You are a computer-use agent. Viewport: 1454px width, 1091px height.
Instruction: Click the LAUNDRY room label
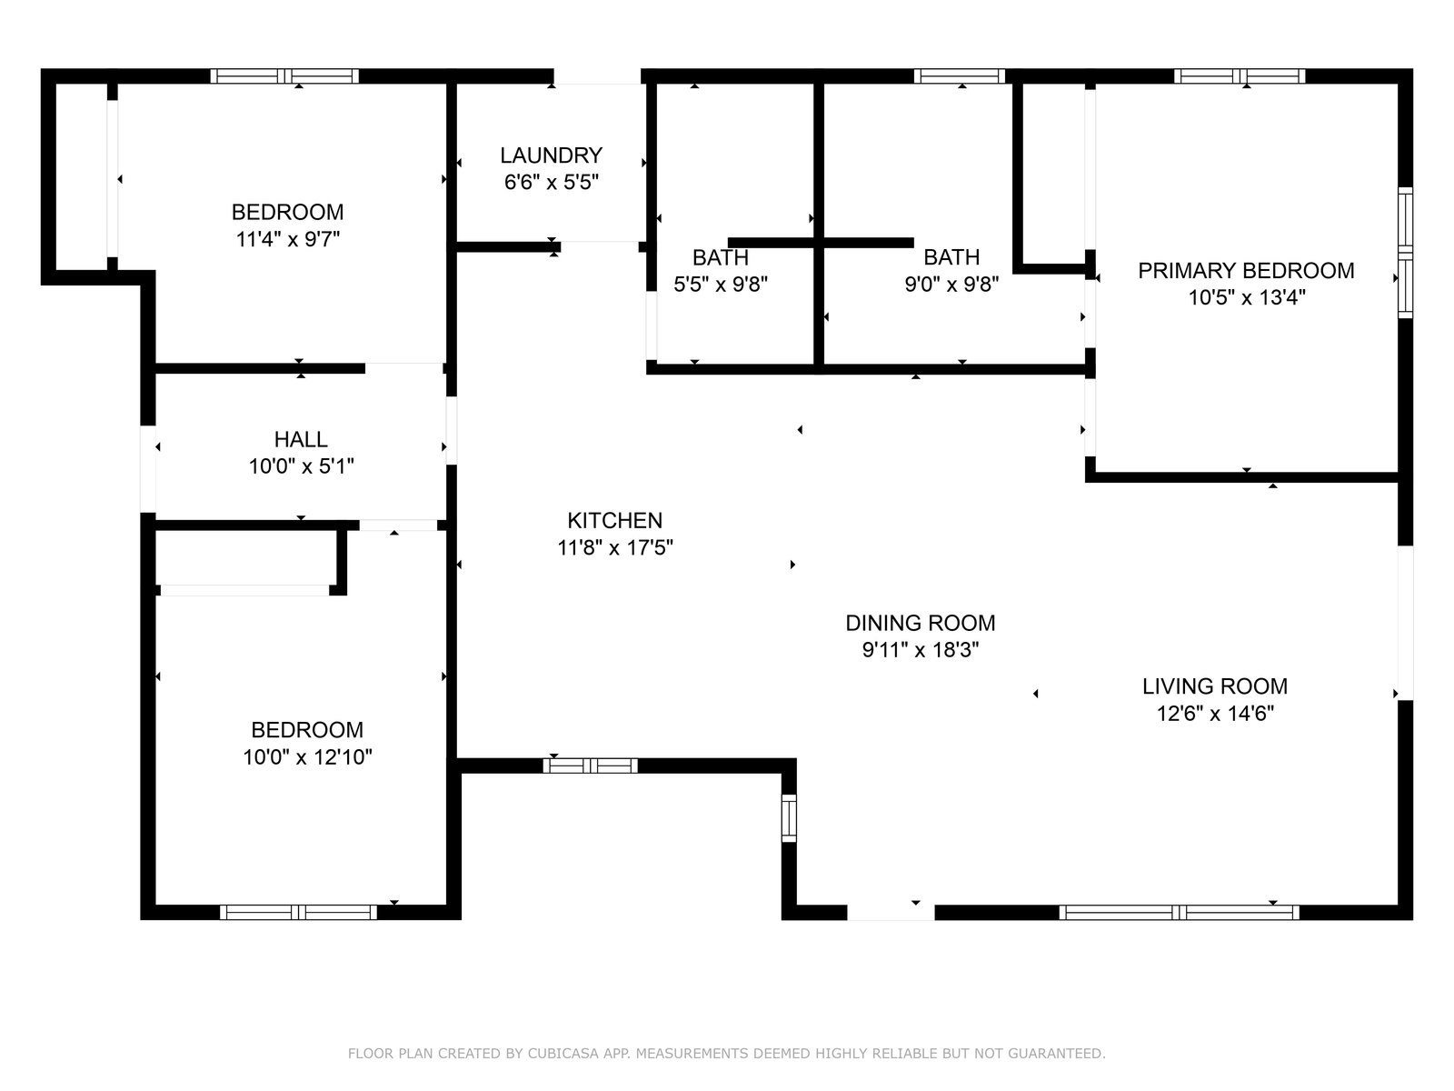551,155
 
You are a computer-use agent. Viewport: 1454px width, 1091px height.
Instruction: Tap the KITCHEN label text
614,521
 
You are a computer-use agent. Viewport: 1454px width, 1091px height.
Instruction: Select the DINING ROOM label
920,623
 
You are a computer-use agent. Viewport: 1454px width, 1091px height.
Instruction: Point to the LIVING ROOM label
1215,686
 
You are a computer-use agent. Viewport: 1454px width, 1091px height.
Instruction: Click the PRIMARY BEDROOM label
1246,270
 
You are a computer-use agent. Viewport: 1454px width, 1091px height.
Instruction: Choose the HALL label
301,439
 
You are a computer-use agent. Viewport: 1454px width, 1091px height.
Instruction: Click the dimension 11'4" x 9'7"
287,238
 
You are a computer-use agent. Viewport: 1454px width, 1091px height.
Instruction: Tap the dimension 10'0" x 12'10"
307,756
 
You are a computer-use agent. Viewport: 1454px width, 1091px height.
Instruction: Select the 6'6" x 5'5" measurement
551,182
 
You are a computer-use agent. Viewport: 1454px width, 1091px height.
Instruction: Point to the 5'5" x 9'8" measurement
721,285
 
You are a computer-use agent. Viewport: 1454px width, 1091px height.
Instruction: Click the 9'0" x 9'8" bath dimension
951,284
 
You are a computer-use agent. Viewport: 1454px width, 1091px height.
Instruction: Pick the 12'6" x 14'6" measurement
1215,714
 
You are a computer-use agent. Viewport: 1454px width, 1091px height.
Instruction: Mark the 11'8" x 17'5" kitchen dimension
614,548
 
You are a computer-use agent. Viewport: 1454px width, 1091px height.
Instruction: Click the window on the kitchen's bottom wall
590,766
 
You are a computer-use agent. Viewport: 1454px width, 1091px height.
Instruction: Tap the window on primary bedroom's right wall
1405,253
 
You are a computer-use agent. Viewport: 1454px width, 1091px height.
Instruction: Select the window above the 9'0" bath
960,76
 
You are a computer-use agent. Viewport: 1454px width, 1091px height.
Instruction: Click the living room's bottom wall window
1179,912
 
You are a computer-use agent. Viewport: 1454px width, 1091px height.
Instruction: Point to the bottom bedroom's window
298,912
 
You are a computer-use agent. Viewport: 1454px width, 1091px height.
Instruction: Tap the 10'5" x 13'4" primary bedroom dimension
1247,297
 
